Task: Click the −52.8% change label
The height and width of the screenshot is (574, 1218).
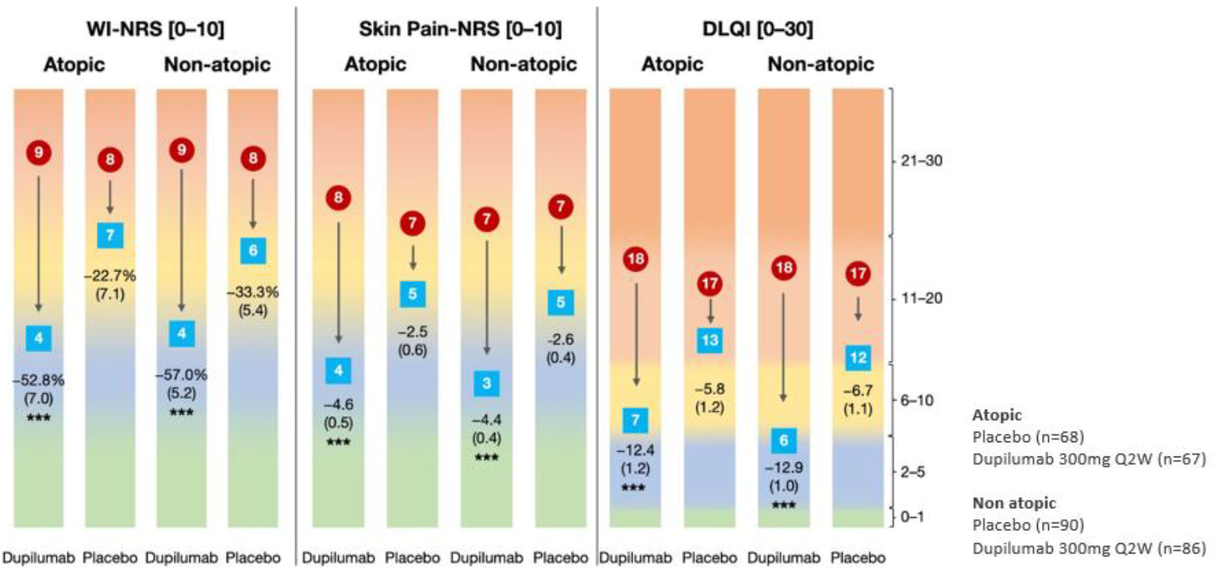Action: click(x=38, y=379)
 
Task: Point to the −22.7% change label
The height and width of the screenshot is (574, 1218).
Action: click(x=111, y=276)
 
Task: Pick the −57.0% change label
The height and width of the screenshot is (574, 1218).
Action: click(x=182, y=375)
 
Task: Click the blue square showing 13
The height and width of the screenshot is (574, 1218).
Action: click(x=709, y=340)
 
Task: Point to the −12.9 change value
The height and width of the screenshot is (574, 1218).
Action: click(x=783, y=468)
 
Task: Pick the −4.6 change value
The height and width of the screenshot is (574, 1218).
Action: click(x=338, y=406)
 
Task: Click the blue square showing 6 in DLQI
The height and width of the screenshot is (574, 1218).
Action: click(x=783, y=439)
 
